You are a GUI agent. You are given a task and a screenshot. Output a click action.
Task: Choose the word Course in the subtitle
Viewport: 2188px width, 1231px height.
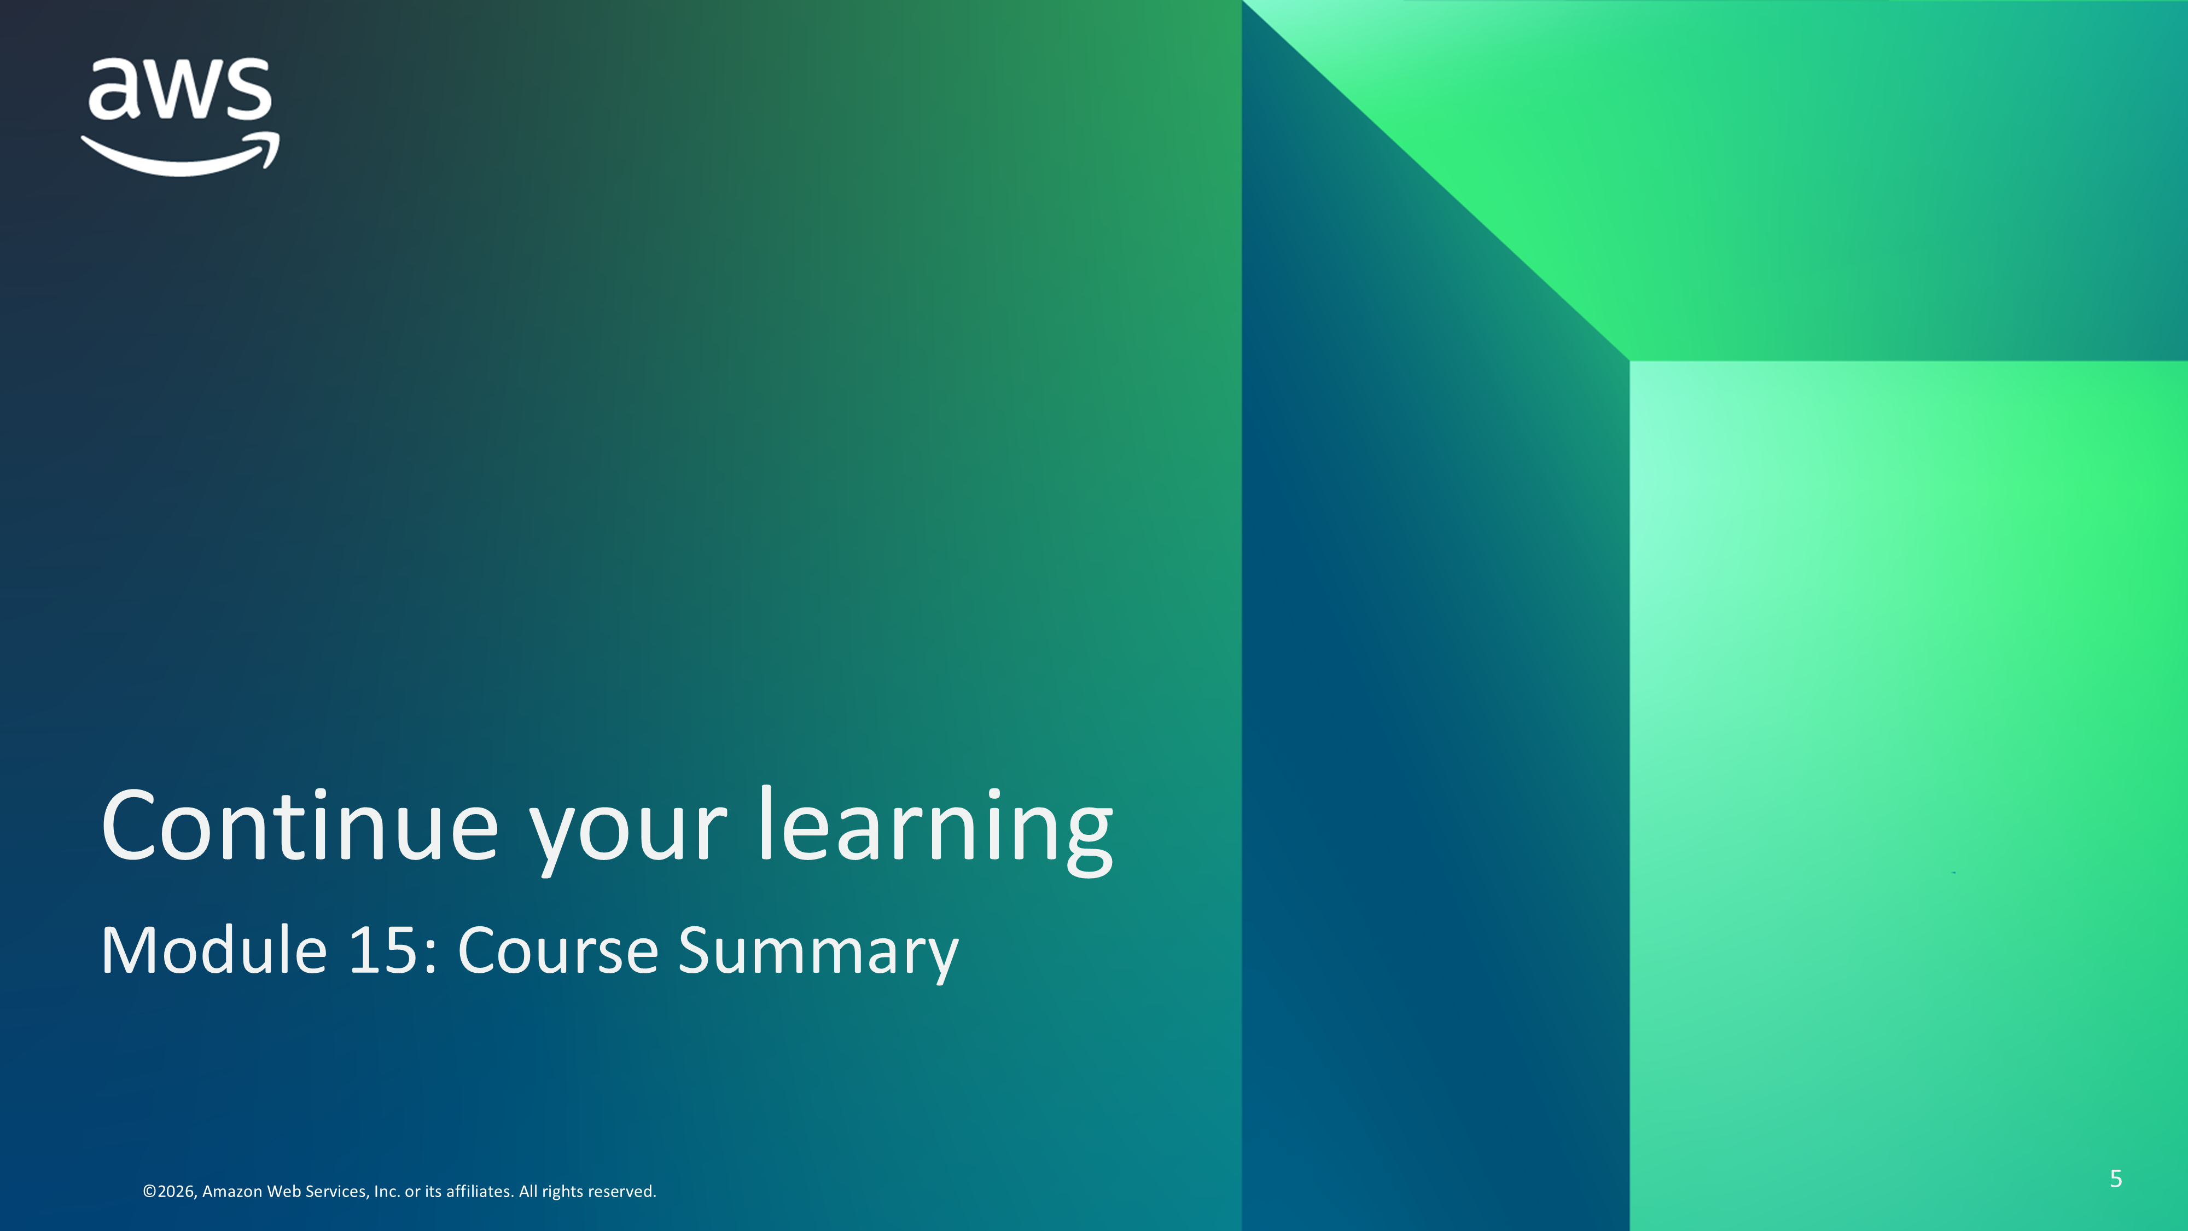558,950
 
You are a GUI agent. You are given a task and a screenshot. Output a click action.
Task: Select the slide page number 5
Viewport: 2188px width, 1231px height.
2116,1178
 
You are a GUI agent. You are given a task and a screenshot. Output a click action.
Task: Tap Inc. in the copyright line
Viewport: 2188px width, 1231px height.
387,1191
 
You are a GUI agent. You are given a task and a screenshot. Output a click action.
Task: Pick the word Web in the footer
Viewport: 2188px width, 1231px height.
283,1191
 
